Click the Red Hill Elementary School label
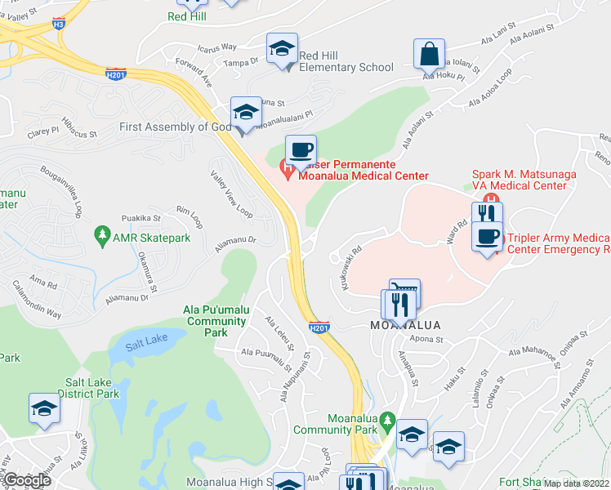pyautogui.click(x=346, y=61)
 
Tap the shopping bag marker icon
pyautogui.click(x=429, y=55)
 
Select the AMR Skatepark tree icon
pyautogui.click(x=102, y=237)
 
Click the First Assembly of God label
pyautogui.click(x=175, y=127)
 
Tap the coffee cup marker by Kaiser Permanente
pyautogui.click(x=301, y=149)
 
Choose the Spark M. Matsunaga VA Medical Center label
pyautogui.click(x=519, y=180)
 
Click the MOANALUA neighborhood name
pyautogui.click(x=406, y=325)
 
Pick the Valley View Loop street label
pyautogui.click(x=231, y=193)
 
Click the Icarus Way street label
pyautogui.click(x=216, y=47)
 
